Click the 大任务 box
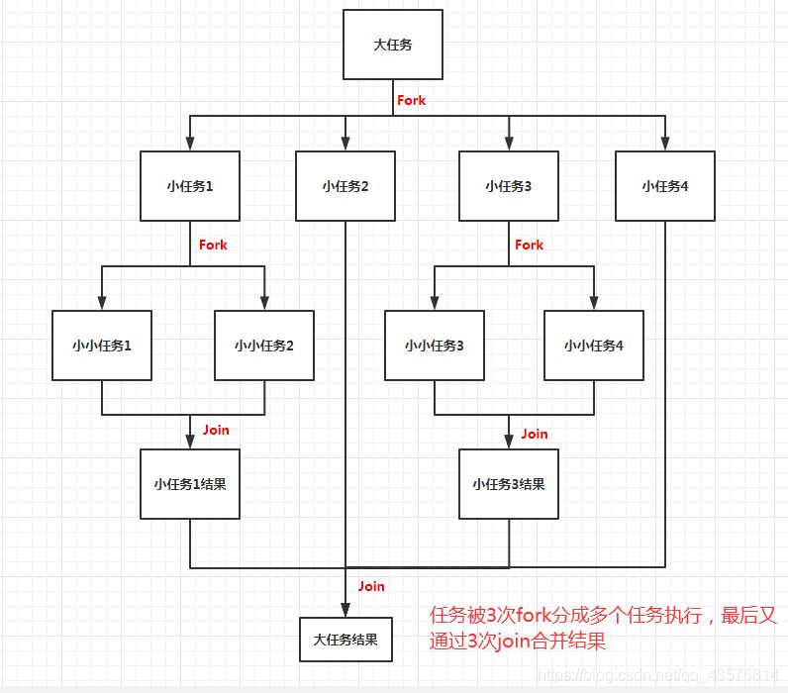pos(393,45)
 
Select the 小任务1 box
pos(190,185)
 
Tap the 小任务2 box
pos(345,185)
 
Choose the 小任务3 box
pos(509,185)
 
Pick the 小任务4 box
pos(664,185)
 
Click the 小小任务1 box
pos(102,346)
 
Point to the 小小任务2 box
pos(264,346)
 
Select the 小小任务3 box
pos(435,346)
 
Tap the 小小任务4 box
pos(594,346)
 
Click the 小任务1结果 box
pos(190,484)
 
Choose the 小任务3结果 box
pos(509,484)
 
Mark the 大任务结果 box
pos(345,639)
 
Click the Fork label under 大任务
pos(411,100)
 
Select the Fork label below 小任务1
pos(213,245)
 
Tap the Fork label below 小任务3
pos(530,245)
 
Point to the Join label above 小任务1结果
pos(216,430)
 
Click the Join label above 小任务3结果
pos(535,434)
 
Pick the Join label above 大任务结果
pos(371,586)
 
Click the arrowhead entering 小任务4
pos(664,145)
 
